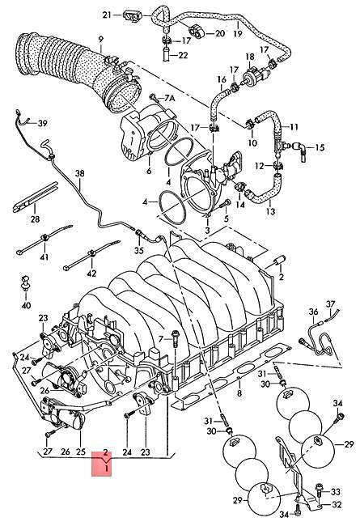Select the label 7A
tap(169, 98)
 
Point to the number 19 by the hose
tap(237, 35)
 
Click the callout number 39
tap(43, 123)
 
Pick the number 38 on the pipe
tap(79, 174)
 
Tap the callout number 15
tap(320, 147)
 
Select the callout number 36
tap(313, 311)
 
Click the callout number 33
tap(336, 490)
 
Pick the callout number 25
tap(80, 452)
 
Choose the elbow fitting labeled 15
tap(299, 148)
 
